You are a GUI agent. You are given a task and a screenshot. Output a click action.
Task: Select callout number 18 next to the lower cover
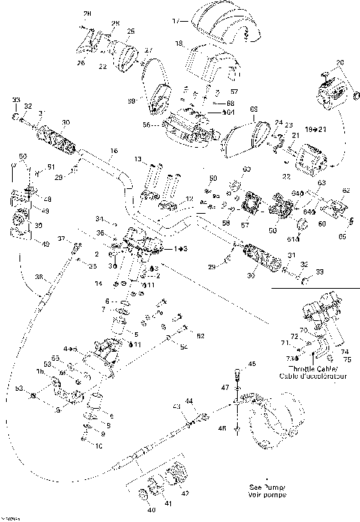(x=180, y=45)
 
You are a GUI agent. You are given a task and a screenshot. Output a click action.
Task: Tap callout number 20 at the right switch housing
(x=339, y=62)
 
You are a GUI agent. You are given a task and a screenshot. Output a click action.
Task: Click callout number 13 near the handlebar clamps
(x=139, y=160)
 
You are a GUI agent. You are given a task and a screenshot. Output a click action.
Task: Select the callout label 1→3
(x=181, y=247)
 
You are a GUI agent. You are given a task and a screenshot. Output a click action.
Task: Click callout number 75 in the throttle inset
(x=346, y=359)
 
